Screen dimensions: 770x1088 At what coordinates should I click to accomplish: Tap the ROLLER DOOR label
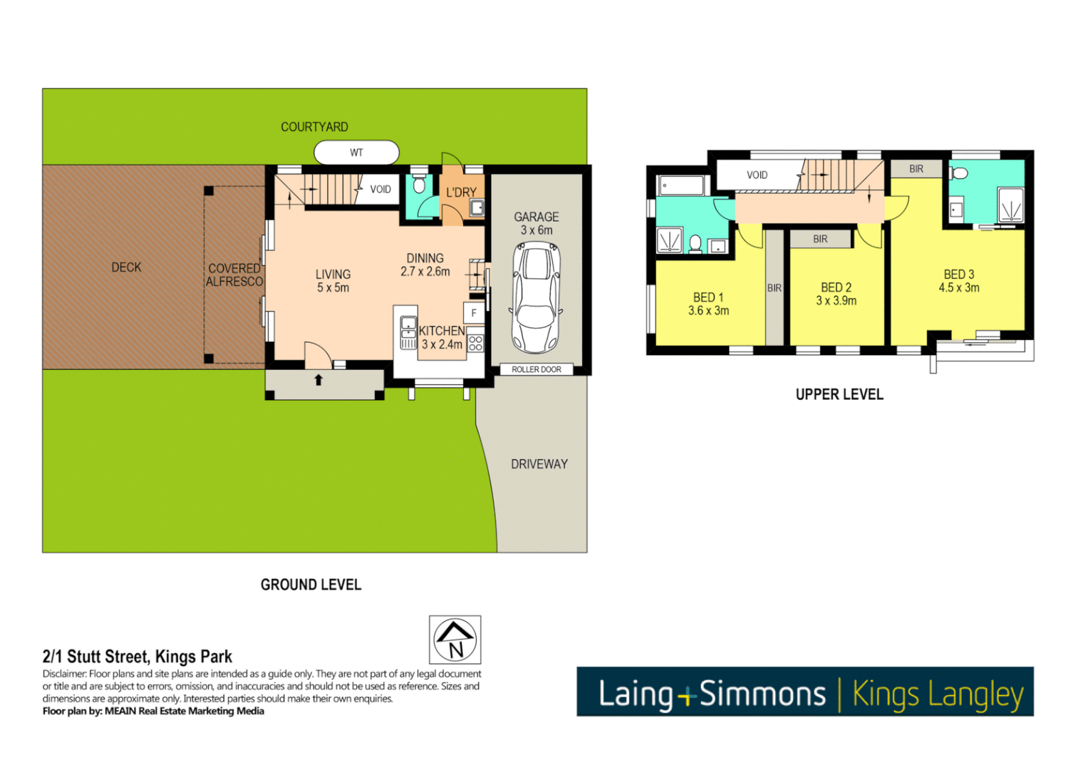point(536,369)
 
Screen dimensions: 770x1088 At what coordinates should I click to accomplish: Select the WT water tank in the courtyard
point(356,153)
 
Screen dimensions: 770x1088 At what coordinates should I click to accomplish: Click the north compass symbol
point(455,640)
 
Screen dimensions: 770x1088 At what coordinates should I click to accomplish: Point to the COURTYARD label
point(314,127)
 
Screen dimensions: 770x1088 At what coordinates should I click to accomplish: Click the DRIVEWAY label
point(539,464)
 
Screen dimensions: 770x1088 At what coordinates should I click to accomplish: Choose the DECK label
point(126,267)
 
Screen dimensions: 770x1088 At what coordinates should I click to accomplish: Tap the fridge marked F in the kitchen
point(474,313)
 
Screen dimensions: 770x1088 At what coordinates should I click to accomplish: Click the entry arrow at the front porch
point(318,380)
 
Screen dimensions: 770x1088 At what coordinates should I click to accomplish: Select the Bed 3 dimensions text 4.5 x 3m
point(958,288)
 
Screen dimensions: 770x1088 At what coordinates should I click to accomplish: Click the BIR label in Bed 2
point(820,239)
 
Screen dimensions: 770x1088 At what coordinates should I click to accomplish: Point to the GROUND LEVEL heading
point(311,585)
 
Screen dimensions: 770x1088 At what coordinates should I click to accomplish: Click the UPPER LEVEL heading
point(839,394)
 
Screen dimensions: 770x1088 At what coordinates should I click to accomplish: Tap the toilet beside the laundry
point(419,185)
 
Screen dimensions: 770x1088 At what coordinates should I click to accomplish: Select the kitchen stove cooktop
point(475,343)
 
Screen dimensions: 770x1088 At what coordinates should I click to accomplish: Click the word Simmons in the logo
point(762,694)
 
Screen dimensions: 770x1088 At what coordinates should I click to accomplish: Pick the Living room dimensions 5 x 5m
point(333,288)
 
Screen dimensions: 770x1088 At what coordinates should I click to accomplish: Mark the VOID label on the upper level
point(757,175)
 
